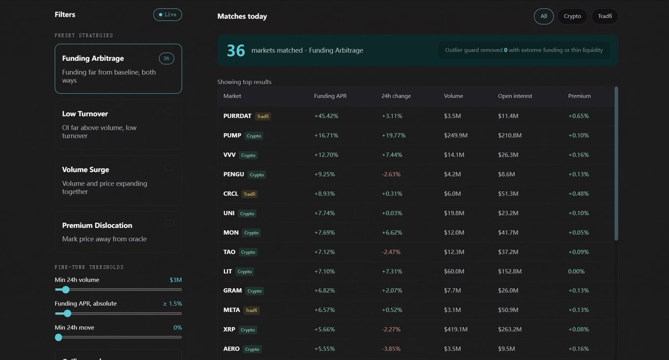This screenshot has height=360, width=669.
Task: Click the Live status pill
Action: pyautogui.click(x=168, y=14)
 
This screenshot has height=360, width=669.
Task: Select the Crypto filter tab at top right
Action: pyautogui.click(x=572, y=16)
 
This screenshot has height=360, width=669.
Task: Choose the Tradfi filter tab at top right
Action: pyautogui.click(x=605, y=16)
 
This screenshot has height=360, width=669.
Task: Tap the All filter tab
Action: pyautogui.click(x=544, y=16)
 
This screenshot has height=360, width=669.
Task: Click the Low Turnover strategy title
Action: pyautogui.click(x=85, y=114)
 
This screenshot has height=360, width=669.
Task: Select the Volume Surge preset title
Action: pyautogui.click(x=85, y=169)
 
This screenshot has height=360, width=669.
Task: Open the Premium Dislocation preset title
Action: pyautogui.click(x=97, y=225)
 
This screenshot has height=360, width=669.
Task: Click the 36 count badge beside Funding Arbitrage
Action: pyautogui.click(x=166, y=59)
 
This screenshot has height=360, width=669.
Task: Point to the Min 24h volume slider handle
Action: pyautogui.click(x=66, y=290)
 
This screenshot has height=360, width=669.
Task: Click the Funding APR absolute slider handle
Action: pyautogui.click(x=67, y=313)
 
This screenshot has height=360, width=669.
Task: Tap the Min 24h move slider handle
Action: pyautogui.click(x=59, y=337)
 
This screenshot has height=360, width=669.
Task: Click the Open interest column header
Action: pyautogui.click(x=515, y=96)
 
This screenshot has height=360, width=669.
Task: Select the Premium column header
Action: pyautogui.click(x=579, y=96)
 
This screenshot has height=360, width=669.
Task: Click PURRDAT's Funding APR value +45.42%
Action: pyautogui.click(x=326, y=116)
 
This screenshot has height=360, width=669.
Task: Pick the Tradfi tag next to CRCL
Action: pyautogui.click(x=249, y=194)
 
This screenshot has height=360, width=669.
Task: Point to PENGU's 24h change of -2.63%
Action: pyautogui.click(x=391, y=174)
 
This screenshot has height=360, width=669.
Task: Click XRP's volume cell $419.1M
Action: pyautogui.click(x=456, y=329)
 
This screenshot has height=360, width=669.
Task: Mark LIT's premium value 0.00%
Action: pyautogui.click(x=576, y=271)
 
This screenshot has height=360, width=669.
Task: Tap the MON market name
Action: pyautogui.click(x=231, y=232)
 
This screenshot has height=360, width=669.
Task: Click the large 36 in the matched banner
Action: pyautogui.click(x=236, y=51)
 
